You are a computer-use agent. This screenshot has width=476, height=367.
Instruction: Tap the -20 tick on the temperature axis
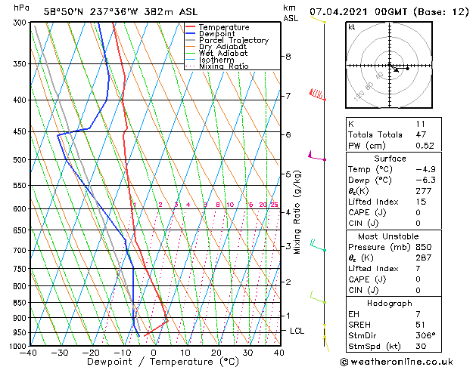pyautogui.click(x=91, y=353)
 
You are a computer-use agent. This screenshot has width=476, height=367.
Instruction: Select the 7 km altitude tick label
pyautogui.click(x=288, y=96)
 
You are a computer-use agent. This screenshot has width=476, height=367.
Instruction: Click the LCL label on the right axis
pyautogui.click(x=297, y=331)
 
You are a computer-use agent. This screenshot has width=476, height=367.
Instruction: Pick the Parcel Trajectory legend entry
pyautogui.click(x=233, y=40)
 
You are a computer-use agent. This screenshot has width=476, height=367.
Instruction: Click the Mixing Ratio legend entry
pyautogui.click(x=224, y=66)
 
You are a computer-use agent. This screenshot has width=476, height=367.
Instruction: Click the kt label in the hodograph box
pyautogui.click(x=352, y=27)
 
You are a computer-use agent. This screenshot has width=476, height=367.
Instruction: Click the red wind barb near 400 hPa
pyautogui.click(x=319, y=94)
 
